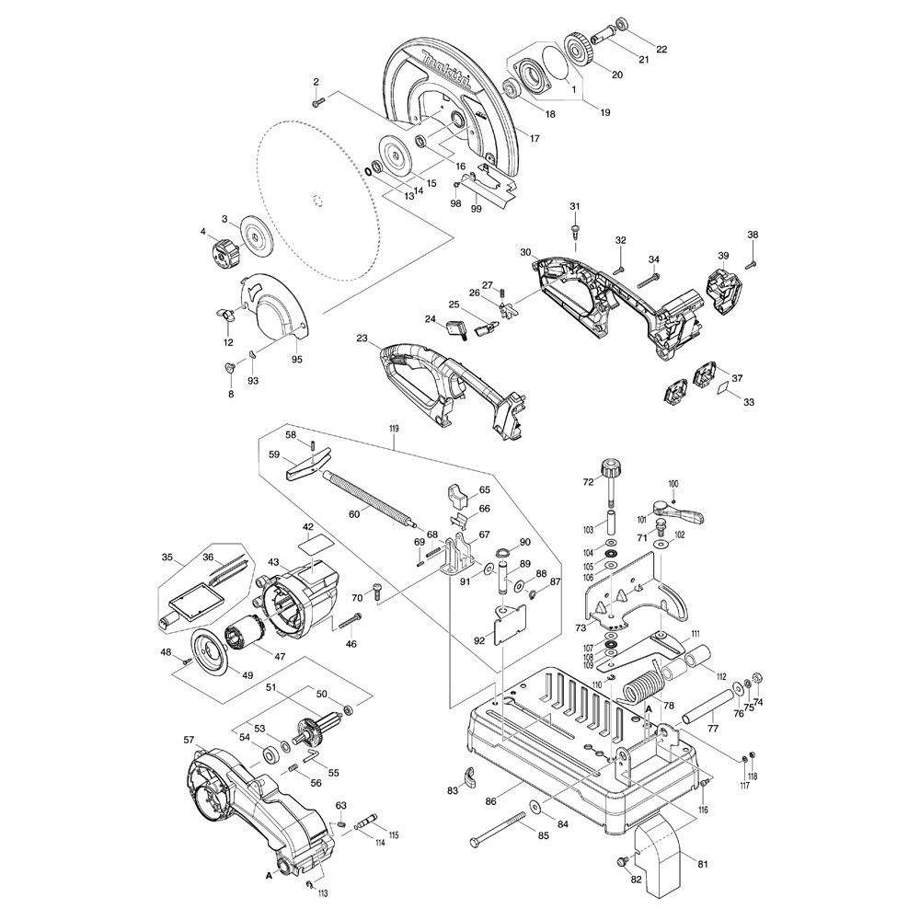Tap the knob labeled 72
(609, 471)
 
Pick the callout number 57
(189, 740)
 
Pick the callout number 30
(525, 252)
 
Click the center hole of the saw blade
(317, 201)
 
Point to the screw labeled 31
(575, 226)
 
